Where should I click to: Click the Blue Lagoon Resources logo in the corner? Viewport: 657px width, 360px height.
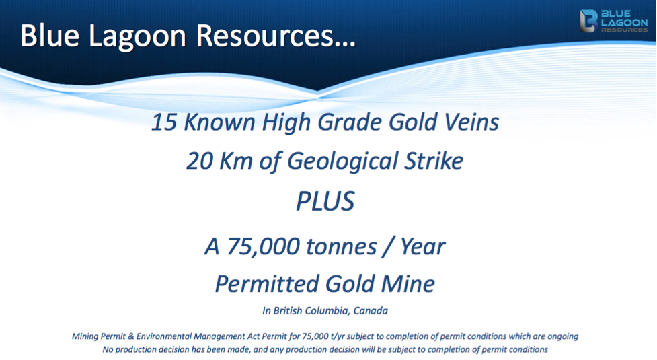(x=614, y=21)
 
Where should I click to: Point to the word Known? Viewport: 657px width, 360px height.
(x=219, y=122)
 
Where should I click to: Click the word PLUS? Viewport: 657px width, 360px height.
(x=325, y=201)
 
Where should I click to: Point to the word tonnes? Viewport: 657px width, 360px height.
(x=342, y=247)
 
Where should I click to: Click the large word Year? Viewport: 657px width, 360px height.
(x=422, y=246)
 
